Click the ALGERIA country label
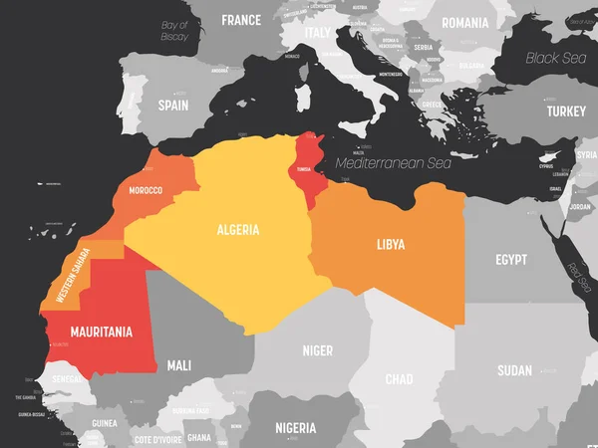tap(238, 230)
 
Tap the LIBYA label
tap(390, 243)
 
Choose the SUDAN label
tap(514, 370)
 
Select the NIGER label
tap(316, 350)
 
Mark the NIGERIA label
tap(295, 428)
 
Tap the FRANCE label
tap(241, 20)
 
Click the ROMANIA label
tap(465, 22)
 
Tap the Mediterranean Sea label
tap(394, 161)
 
